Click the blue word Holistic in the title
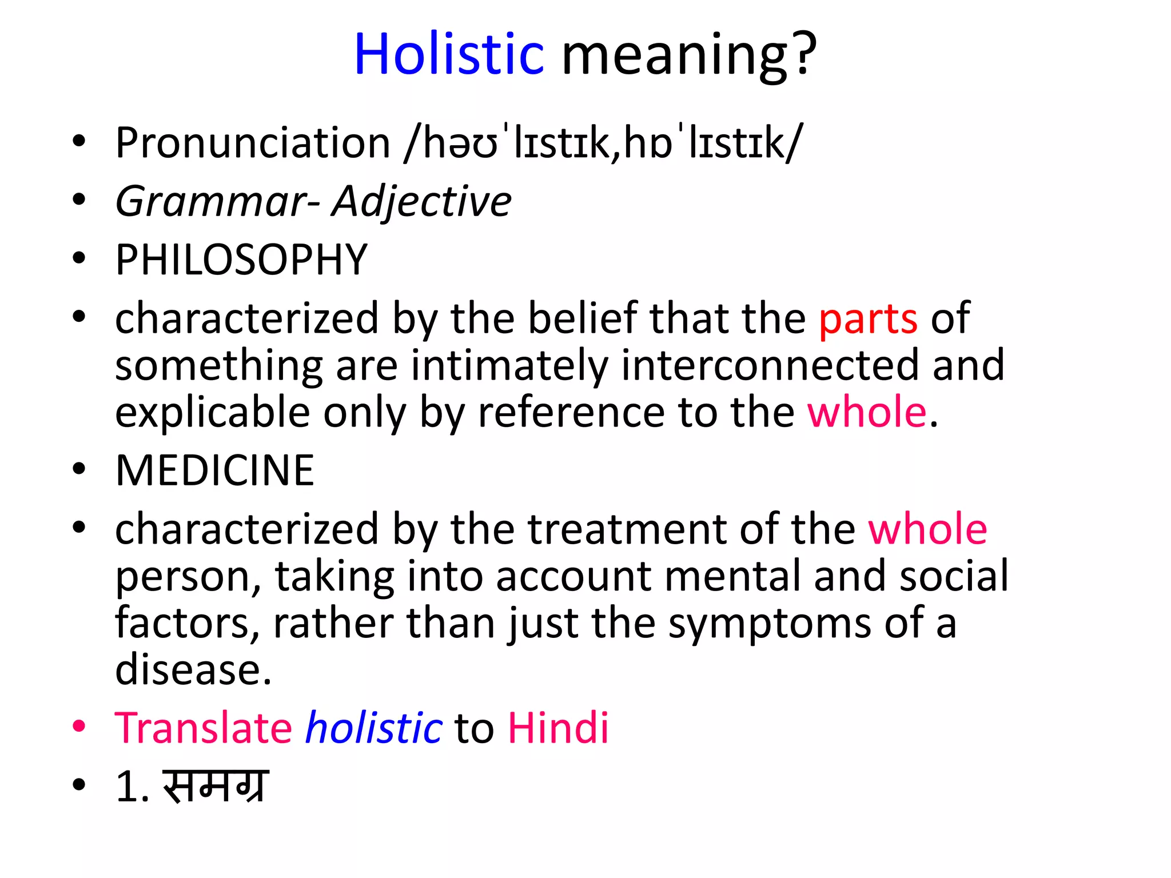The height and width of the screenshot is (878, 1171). coord(449,55)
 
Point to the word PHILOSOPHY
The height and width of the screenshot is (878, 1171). coord(241,260)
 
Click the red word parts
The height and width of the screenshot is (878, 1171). coord(868,319)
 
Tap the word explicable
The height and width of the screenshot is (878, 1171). coord(213,413)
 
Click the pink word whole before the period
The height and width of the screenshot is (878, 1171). coord(866,413)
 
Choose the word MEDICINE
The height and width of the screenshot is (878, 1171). coord(215,471)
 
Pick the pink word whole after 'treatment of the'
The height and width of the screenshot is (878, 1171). coord(927,529)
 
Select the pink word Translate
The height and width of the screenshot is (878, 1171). coord(204,728)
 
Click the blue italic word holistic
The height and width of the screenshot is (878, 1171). coord(373,728)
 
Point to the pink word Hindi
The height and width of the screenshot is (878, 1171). coord(558,728)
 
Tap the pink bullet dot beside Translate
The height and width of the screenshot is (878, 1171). coord(79,727)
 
